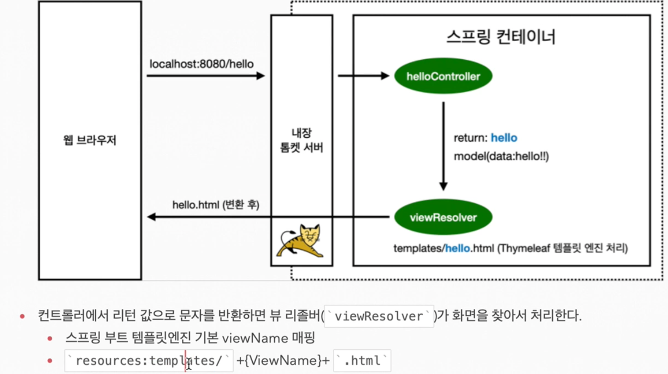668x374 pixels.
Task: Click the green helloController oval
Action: (443, 76)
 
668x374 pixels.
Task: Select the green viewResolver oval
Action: (443, 218)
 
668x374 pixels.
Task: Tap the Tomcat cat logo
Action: (301, 241)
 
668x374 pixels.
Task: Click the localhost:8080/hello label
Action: (201, 64)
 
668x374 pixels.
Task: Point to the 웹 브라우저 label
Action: (90, 141)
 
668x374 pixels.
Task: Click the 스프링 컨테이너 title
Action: (501, 37)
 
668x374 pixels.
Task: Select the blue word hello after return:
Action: (504, 138)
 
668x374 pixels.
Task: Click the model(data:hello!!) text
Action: (501, 156)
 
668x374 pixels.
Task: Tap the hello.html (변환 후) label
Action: (216, 205)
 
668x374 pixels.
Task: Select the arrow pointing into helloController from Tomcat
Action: (363, 76)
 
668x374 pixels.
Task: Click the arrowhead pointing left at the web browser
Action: (152, 217)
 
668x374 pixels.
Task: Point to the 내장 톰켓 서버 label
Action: (301, 140)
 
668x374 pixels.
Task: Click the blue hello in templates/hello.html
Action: (457, 248)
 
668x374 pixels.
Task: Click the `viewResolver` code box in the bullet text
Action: (379, 316)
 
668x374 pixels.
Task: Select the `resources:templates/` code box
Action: (149, 361)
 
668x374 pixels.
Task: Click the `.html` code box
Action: (362, 361)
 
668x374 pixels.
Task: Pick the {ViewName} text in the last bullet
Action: (283, 361)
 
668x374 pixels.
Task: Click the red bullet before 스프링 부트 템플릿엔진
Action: (50, 339)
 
